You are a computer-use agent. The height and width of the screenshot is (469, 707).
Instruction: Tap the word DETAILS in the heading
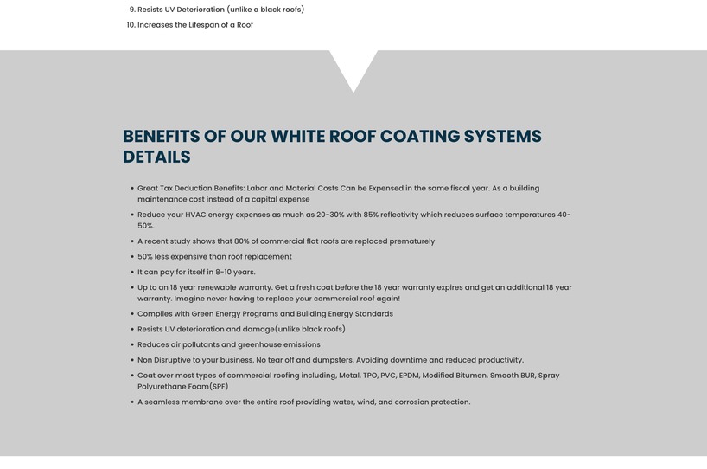(x=156, y=157)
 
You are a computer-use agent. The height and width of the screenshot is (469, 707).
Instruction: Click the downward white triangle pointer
(x=353, y=67)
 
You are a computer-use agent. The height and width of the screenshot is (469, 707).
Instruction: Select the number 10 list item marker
(x=131, y=25)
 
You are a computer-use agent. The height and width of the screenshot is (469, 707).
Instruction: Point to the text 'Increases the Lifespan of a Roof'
(x=195, y=25)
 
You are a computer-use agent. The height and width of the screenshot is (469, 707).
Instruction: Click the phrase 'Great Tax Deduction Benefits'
(x=190, y=188)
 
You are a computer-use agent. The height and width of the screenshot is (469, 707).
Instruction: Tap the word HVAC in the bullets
(x=196, y=215)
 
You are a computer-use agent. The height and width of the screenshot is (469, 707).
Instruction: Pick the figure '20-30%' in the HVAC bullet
(x=333, y=215)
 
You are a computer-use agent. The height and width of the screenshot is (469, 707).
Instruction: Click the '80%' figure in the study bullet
(x=241, y=241)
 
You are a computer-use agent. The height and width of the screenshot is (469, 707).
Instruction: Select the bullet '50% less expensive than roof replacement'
(x=214, y=257)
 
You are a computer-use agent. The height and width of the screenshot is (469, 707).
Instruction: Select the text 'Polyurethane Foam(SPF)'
(x=182, y=387)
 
